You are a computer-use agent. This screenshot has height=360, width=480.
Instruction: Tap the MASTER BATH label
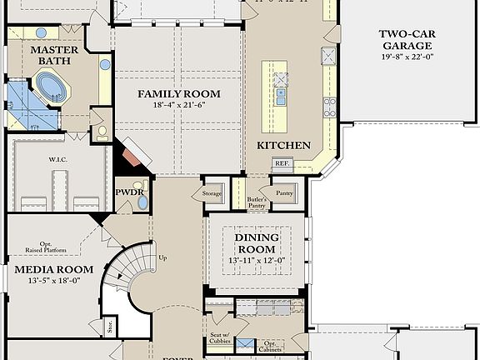54,57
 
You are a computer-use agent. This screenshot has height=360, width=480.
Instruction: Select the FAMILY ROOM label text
178,93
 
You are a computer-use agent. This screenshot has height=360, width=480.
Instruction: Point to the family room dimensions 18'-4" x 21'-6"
178,106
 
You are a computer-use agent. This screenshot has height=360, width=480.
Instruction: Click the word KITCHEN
283,145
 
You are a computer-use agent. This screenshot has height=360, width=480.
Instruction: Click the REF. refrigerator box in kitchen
282,163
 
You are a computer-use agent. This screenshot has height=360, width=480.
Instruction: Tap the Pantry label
285,193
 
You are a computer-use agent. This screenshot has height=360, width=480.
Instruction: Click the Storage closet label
212,193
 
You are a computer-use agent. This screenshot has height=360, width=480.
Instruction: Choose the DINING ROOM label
257,243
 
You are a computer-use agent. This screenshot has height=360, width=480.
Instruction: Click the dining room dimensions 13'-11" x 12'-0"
257,260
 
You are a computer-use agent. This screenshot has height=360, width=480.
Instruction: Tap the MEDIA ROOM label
53,269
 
